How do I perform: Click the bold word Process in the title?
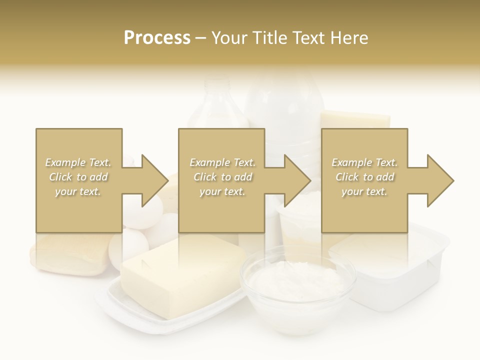(x=157, y=38)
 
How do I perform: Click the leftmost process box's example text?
(x=78, y=177)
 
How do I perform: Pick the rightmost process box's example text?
(x=364, y=177)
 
